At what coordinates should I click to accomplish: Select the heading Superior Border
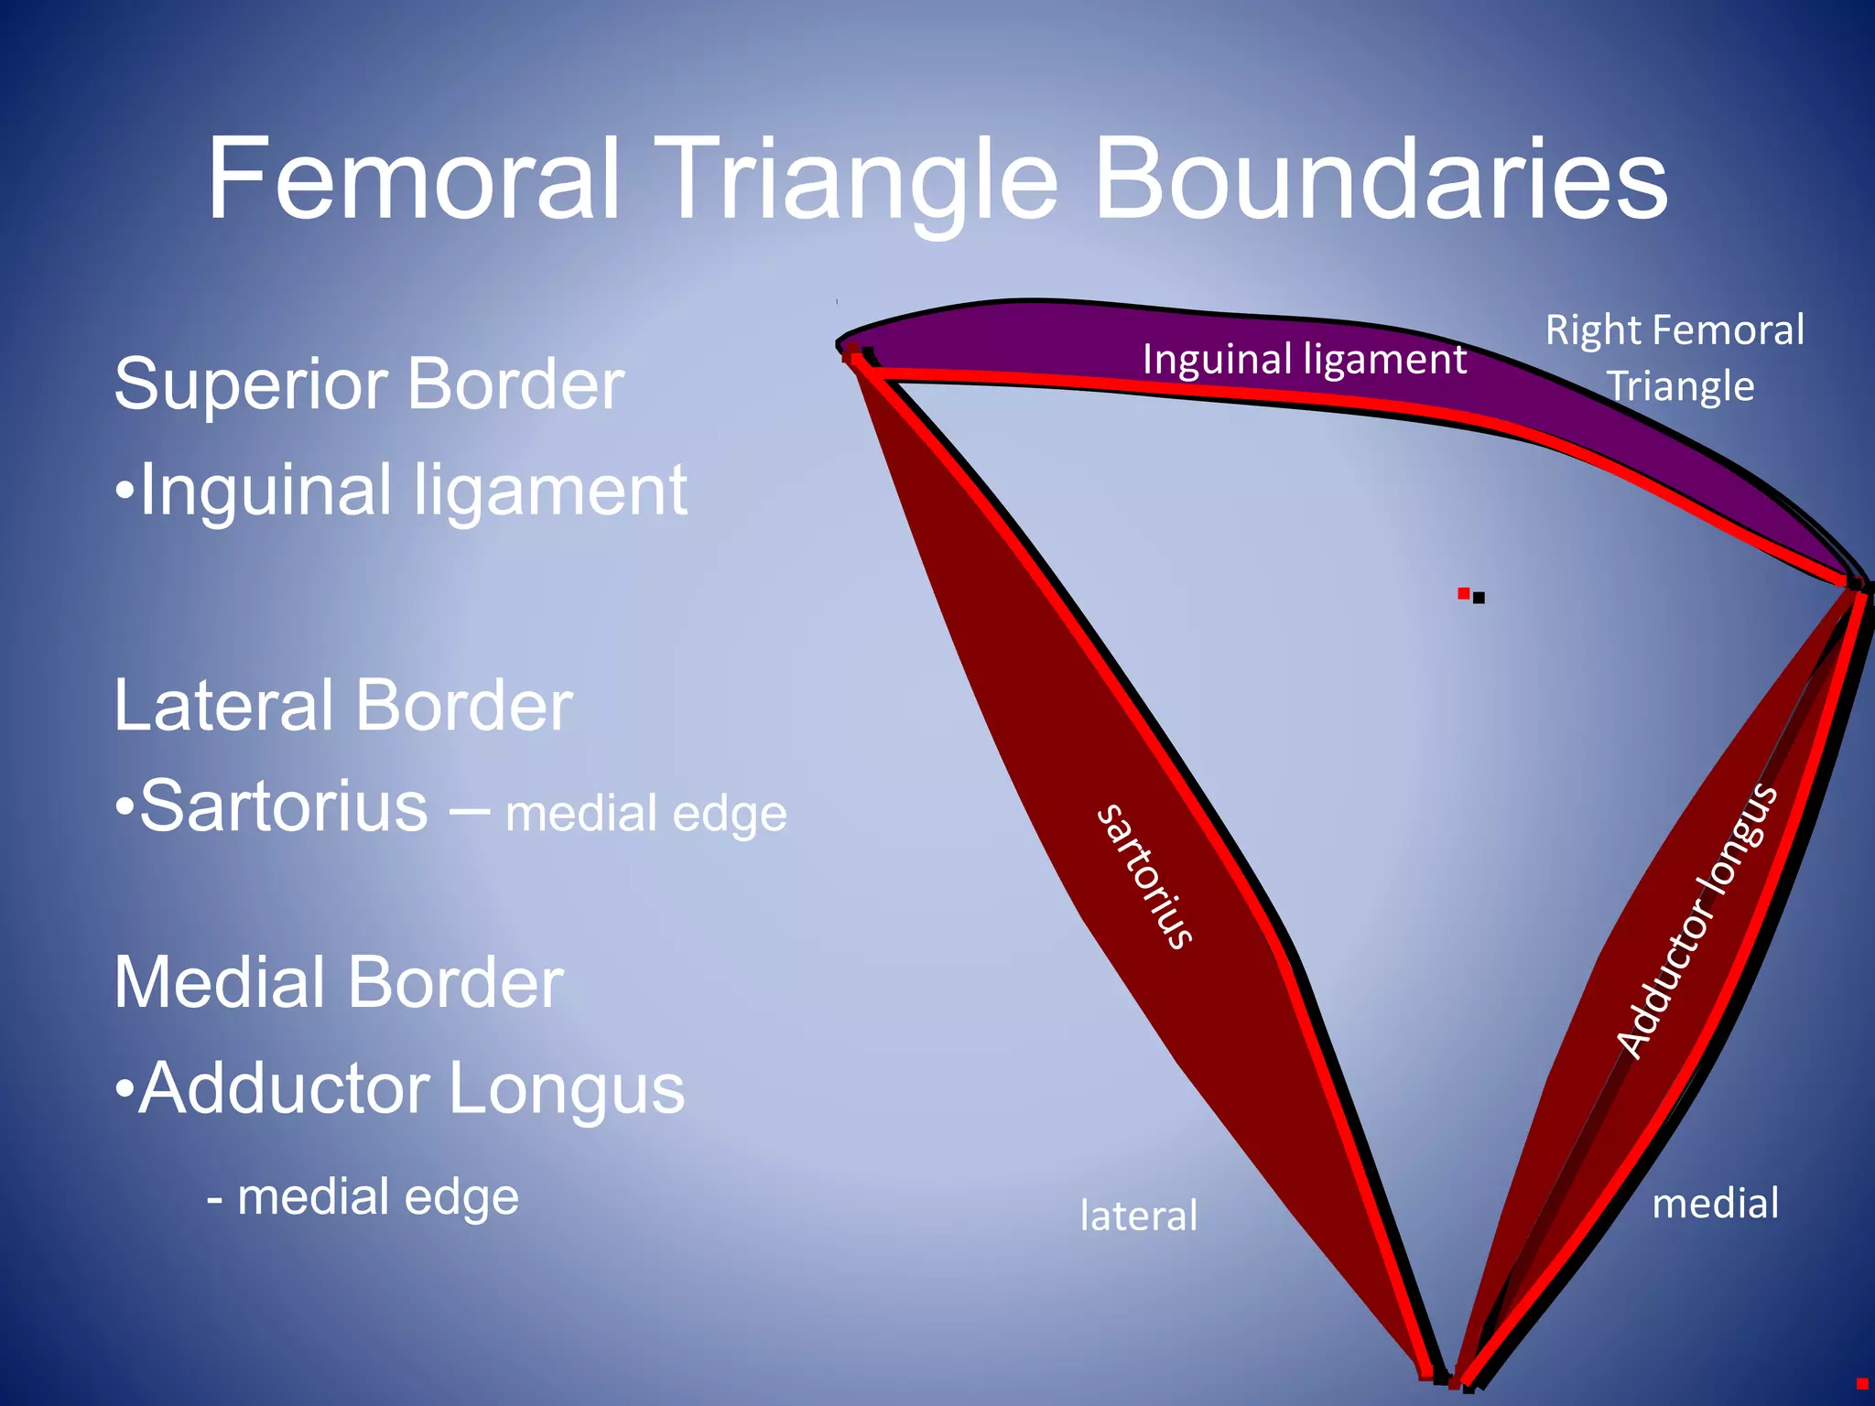pyautogui.click(x=368, y=384)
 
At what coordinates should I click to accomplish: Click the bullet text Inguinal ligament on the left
pyautogui.click(x=412, y=491)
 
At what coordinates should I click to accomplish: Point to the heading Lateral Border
pyautogui.click(x=342, y=706)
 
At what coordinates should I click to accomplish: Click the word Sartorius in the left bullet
pyautogui.click(x=284, y=806)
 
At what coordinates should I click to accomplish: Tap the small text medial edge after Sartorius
pyautogui.click(x=645, y=814)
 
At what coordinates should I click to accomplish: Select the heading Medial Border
pyautogui.click(x=338, y=982)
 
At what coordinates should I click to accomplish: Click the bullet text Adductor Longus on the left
pyautogui.click(x=411, y=1088)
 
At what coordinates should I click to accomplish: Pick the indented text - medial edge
pyautogui.click(x=363, y=1197)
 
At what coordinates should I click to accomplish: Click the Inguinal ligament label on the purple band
pyautogui.click(x=1304, y=360)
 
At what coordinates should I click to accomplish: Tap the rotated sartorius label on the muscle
pyautogui.click(x=1145, y=876)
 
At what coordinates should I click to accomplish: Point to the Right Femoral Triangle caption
pyautogui.click(x=1675, y=358)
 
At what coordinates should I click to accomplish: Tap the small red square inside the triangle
pyautogui.click(x=1463, y=593)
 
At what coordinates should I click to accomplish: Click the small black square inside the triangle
pyautogui.click(x=1479, y=599)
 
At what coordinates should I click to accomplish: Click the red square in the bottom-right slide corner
pyautogui.click(x=1861, y=1383)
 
